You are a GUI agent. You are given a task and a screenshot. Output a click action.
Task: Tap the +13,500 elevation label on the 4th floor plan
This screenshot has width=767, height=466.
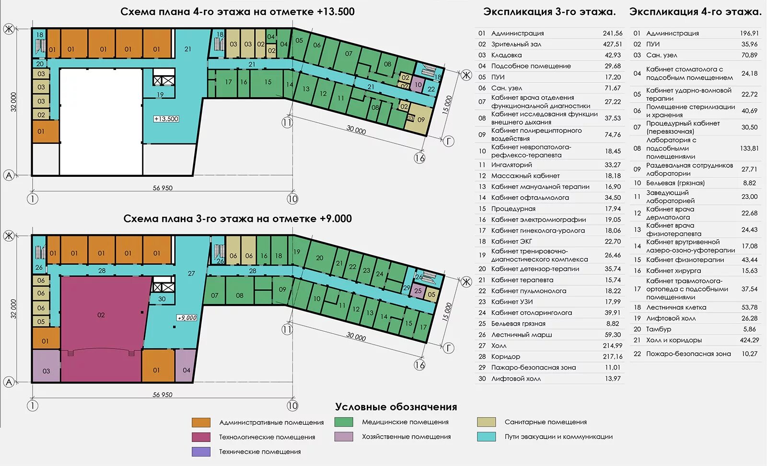click(x=166, y=119)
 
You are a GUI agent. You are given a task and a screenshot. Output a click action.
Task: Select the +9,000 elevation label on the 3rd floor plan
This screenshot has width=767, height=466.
click(x=187, y=318)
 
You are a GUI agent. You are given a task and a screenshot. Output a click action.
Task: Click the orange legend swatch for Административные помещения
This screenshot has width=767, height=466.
click(x=201, y=422)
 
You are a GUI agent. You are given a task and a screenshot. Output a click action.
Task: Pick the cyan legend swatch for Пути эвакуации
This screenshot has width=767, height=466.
click(x=487, y=437)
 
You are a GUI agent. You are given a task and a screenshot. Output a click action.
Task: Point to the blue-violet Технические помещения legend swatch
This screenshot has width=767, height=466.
click(x=201, y=452)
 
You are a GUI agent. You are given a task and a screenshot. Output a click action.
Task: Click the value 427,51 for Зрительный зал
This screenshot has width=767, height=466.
click(x=612, y=44)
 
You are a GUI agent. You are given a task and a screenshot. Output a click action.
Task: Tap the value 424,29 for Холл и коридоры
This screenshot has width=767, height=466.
click(x=749, y=340)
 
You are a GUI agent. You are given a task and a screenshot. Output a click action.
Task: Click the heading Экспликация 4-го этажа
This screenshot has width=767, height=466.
click(x=695, y=12)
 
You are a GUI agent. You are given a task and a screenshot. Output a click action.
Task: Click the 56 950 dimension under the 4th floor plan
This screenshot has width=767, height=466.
click(x=163, y=188)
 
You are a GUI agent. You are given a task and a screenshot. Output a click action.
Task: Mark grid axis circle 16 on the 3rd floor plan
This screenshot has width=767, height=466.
click(x=419, y=365)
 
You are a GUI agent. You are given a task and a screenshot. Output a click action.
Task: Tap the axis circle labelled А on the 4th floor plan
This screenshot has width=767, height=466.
click(x=9, y=175)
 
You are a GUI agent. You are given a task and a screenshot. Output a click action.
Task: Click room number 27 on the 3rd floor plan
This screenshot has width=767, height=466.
click(x=191, y=273)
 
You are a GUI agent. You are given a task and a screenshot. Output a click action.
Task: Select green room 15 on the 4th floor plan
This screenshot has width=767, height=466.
click(x=267, y=82)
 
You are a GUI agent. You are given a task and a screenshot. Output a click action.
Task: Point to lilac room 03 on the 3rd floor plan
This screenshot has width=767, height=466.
click(x=46, y=371)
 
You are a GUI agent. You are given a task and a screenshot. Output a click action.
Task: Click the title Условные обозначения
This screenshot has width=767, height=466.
click(x=395, y=407)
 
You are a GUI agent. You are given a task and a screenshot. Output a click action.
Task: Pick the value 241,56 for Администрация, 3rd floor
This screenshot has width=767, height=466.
click(x=612, y=33)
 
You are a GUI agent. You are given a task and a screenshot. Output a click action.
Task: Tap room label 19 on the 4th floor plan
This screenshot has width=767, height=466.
click(x=160, y=94)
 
